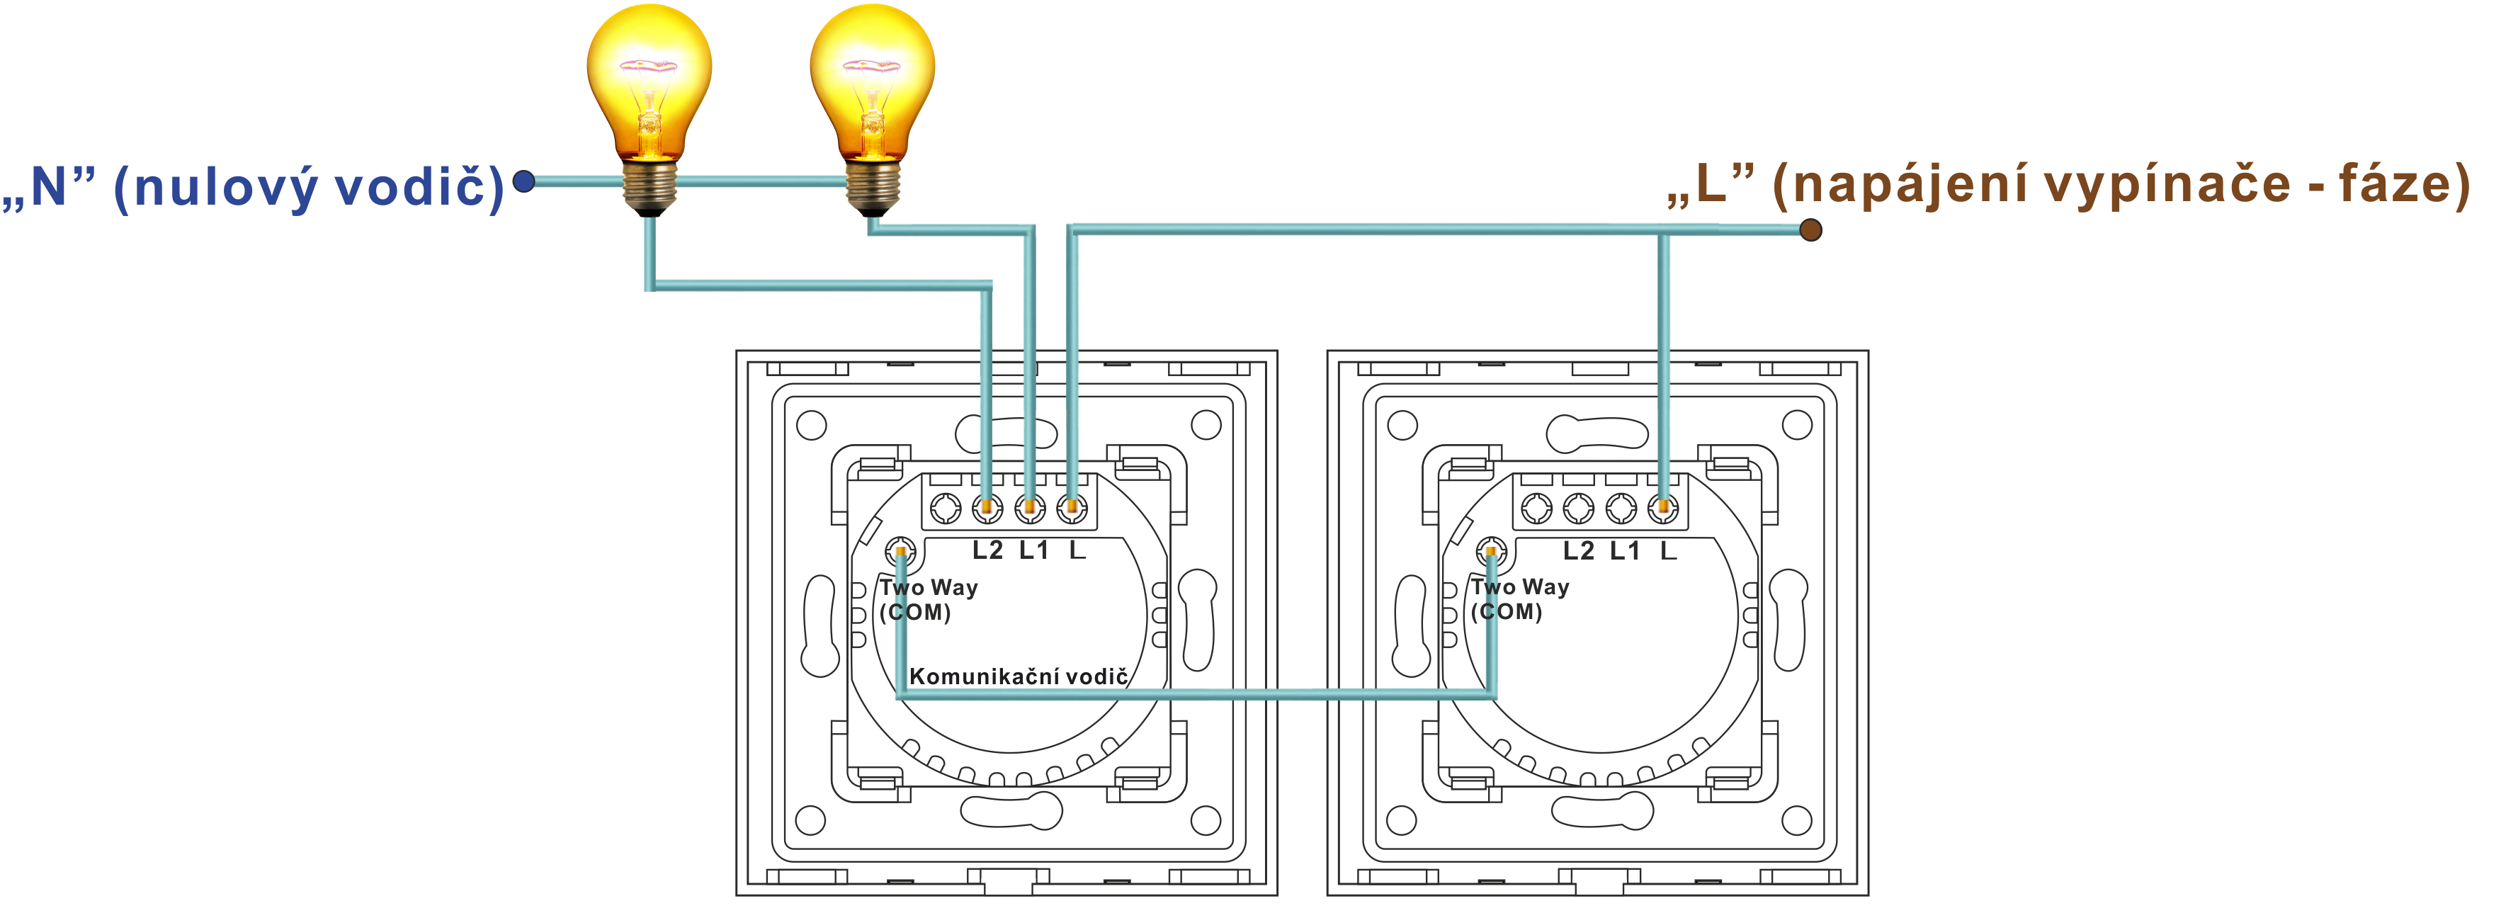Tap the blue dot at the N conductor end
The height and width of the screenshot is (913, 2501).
tap(524, 181)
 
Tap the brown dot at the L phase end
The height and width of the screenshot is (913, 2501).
tap(1810, 230)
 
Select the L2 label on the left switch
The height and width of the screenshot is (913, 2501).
tap(987, 551)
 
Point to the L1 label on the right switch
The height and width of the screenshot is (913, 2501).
tap(1624, 552)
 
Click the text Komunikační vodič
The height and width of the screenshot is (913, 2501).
tap(1018, 676)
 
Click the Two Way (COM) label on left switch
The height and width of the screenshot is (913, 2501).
tap(927, 599)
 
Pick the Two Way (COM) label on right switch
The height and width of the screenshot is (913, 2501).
tap(1519, 599)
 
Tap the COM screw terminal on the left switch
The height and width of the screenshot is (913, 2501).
tap(901, 552)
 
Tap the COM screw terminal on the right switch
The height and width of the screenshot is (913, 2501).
tap(1491, 552)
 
